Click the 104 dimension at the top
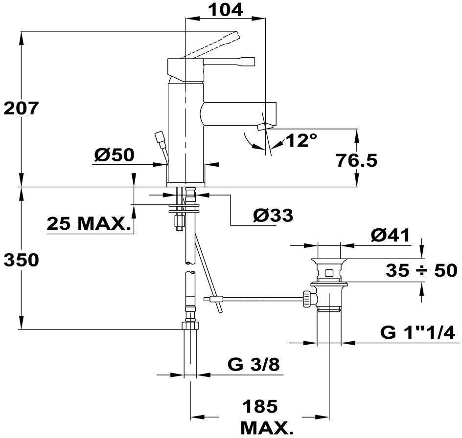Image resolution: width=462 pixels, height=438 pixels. [x=226, y=9]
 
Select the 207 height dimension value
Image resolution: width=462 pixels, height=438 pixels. [x=20, y=109]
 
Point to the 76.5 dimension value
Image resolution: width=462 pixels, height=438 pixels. [x=356, y=160]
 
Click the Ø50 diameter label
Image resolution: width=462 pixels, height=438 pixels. [x=114, y=155]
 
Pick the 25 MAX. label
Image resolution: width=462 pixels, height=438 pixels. [x=90, y=224]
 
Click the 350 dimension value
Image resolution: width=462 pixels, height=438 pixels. [x=21, y=260]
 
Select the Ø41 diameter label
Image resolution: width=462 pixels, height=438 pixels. [x=390, y=235]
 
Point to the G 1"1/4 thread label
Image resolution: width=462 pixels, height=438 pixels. [x=418, y=333]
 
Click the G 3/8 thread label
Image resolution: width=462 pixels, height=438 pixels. [x=254, y=364]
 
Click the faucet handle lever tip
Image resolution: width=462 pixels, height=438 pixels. [x=250, y=62]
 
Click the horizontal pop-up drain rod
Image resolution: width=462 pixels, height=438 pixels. [x=259, y=297]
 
